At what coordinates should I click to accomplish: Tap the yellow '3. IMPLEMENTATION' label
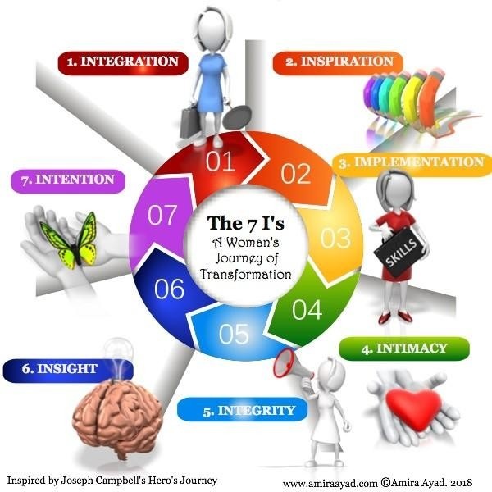[411, 162]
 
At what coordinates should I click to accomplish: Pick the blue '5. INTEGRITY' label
[237, 408]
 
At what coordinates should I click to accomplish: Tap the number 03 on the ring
[335, 239]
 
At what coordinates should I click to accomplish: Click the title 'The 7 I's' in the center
[244, 223]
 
